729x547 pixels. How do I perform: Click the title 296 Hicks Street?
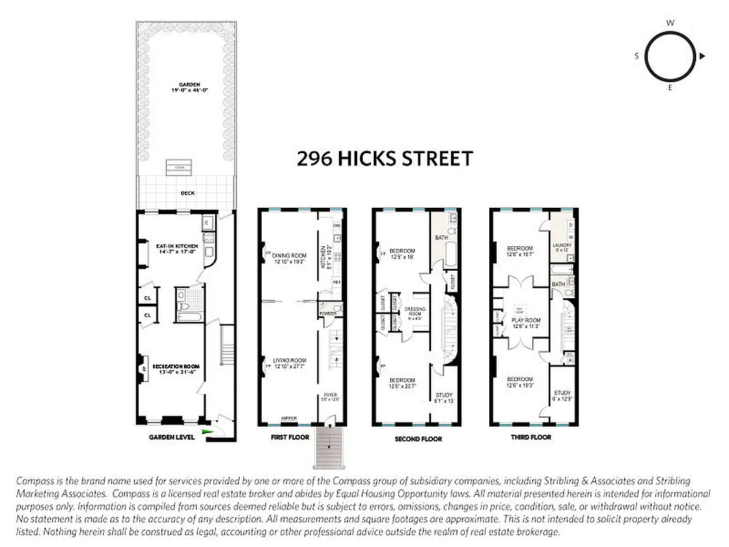[x=385, y=159]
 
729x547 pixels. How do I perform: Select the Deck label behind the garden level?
[x=187, y=194]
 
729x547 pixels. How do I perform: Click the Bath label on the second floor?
[x=441, y=237]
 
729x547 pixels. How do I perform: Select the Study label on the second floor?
[x=443, y=397]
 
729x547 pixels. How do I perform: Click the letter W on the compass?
[x=670, y=23]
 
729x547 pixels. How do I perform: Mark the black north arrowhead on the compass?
[x=702, y=56]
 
